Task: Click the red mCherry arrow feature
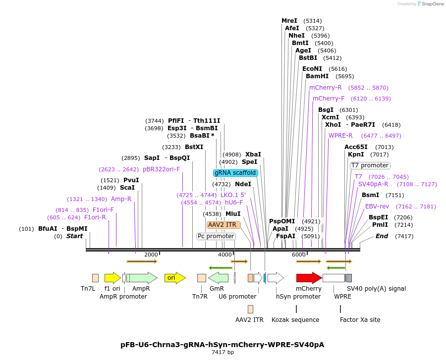pyautogui.click(x=309, y=278)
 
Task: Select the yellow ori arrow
pyautogui.click(x=174, y=278)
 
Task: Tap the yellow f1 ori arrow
pyautogui.click(x=112, y=278)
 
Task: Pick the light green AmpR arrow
pyautogui.click(x=142, y=278)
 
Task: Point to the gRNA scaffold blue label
pyautogui.click(x=235, y=173)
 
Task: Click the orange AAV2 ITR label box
pyautogui.click(x=223, y=225)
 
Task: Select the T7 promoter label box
pyautogui.click(x=370, y=165)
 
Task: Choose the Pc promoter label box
pyautogui.click(x=216, y=236)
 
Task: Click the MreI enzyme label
pyautogui.click(x=289, y=21)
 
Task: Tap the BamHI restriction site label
pyautogui.click(x=317, y=76)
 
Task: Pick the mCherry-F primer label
pyautogui.click(x=329, y=99)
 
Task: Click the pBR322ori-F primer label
pyautogui.click(x=161, y=169)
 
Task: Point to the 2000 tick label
pyautogui.click(x=151, y=255)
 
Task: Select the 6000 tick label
pyautogui.click(x=298, y=255)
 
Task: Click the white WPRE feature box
pyautogui.click(x=334, y=278)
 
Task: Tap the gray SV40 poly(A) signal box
pyautogui.click(x=349, y=278)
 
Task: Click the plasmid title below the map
pyautogui.click(x=223, y=344)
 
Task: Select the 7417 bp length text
pyautogui.click(x=223, y=353)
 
